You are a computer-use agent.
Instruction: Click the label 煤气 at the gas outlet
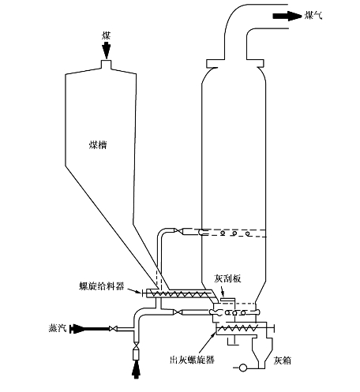coord(313,15)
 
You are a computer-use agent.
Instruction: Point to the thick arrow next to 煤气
coord(287,16)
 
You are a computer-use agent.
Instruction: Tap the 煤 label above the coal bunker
coord(107,35)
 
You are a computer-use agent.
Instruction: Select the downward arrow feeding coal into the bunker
coord(107,50)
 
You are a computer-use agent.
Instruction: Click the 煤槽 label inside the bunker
coord(98,145)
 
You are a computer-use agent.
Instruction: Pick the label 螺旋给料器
coord(102,286)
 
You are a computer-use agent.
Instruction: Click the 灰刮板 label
coord(227,278)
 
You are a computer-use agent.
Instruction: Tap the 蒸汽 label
coord(57,328)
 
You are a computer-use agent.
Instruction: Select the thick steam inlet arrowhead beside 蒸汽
coord(77,329)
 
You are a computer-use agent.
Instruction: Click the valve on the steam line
coord(113,328)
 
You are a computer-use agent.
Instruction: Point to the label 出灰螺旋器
coord(192,360)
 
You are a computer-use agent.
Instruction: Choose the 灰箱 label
coord(283,360)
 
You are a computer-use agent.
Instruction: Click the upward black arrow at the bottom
coord(136,369)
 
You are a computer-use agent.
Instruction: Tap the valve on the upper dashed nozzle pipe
coord(179,231)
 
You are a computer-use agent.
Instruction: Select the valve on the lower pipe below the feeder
coord(178,312)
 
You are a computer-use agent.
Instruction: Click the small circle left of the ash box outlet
coord(242,368)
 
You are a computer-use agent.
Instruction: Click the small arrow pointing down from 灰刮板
coord(222,291)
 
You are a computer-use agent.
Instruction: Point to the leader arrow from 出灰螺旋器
coord(208,342)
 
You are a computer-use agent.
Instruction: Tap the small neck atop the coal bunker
coord(107,65)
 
